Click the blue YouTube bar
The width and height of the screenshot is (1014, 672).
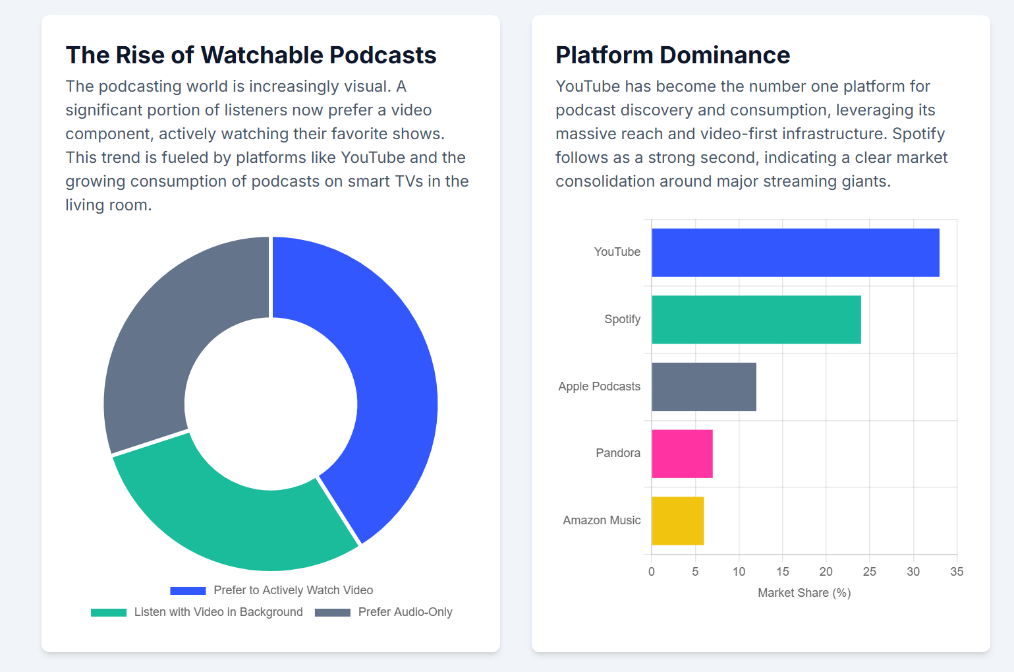(x=795, y=253)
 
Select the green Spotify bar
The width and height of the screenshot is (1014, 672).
(x=756, y=320)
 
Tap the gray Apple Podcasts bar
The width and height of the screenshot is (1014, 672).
(x=704, y=386)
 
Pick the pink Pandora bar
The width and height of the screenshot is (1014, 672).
(x=682, y=454)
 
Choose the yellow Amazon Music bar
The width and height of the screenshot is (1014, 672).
(x=677, y=521)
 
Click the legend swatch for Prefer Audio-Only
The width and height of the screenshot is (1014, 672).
(x=333, y=613)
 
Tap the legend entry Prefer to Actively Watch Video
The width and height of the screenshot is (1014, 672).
(x=293, y=590)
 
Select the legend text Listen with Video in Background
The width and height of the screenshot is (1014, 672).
(x=218, y=612)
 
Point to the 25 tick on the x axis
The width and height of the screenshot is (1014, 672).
(x=869, y=572)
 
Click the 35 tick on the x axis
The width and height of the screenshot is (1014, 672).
(x=957, y=572)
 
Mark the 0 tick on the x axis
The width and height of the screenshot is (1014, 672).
(x=652, y=572)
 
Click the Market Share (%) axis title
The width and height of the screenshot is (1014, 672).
(x=804, y=593)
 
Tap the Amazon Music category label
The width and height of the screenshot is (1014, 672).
(x=602, y=520)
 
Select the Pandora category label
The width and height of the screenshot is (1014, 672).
(x=618, y=453)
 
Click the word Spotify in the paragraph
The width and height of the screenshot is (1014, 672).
(x=918, y=134)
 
